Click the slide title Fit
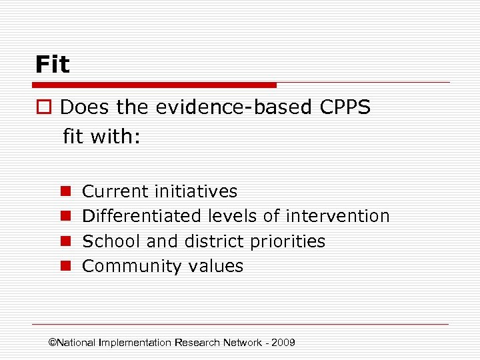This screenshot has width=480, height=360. (53, 65)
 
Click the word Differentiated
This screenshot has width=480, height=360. (141, 216)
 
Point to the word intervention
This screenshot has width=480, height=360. (337, 216)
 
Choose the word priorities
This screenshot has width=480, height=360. (289, 241)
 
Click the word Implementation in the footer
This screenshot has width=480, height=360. (135, 343)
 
